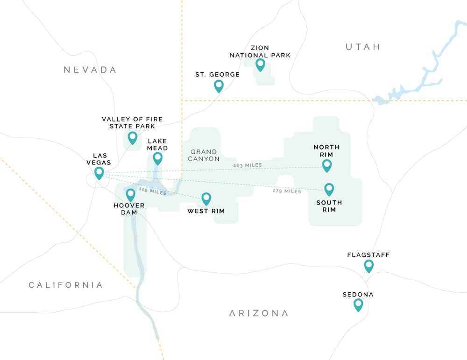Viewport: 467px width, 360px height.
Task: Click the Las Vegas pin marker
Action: tap(99, 173)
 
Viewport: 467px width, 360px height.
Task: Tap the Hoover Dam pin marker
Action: tap(131, 194)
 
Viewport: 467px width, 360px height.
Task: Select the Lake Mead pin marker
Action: tap(158, 158)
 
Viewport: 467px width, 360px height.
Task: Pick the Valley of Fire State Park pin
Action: tap(133, 137)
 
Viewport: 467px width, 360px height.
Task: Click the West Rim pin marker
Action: tap(206, 198)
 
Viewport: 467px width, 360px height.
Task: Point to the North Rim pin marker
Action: tap(327, 165)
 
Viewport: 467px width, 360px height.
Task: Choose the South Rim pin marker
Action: tap(329, 189)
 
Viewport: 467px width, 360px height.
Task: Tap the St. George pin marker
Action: tap(219, 85)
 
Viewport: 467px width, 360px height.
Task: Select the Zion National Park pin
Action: tap(261, 64)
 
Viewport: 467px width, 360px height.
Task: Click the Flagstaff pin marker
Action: tap(369, 266)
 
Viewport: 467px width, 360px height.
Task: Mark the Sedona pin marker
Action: tap(358, 304)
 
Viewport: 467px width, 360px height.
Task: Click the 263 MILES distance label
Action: tap(248, 165)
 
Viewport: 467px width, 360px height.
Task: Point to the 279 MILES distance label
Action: tap(287, 191)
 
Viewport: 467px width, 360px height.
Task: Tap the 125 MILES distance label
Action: tap(152, 191)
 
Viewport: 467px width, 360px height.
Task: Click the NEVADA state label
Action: tap(90, 70)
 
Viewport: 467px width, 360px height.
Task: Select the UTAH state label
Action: tap(363, 47)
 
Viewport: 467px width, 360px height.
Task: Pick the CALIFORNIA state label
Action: tap(65, 285)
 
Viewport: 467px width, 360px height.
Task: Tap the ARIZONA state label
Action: tap(259, 313)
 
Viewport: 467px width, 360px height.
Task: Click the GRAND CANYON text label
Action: tap(204, 155)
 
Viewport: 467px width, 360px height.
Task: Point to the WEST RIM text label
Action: tap(206, 212)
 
